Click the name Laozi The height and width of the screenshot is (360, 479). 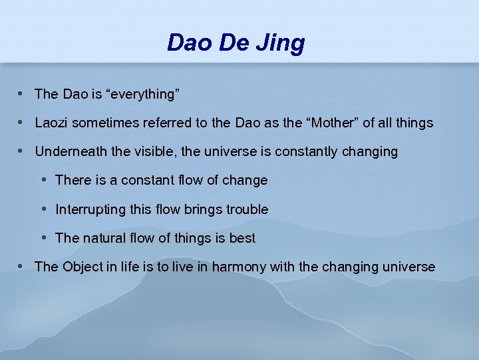coord(51,123)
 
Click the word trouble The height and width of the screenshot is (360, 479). coord(247,209)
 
